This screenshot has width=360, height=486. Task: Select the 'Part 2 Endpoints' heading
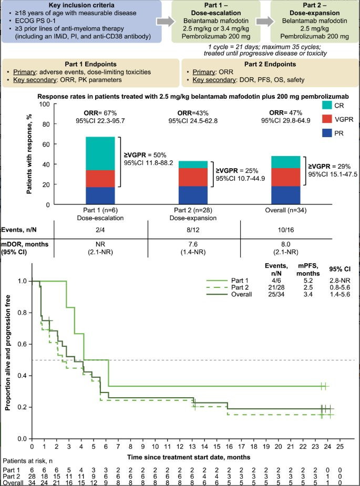pos(270,64)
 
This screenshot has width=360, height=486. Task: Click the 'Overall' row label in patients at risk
pos(13,483)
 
